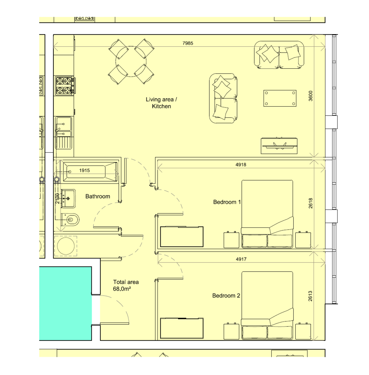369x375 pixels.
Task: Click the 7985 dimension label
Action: (x=187, y=43)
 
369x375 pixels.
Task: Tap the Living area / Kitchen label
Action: (x=161, y=103)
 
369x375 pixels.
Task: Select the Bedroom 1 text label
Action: (x=227, y=202)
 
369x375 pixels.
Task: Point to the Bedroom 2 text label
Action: (x=226, y=295)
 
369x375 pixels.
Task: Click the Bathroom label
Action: (x=98, y=196)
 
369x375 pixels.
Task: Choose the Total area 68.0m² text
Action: (x=126, y=285)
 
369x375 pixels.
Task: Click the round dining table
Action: (x=131, y=62)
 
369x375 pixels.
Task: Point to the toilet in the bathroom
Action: (x=70, y=220)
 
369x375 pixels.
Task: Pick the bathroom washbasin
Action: (x=68, y=198)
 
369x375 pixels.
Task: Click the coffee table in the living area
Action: (x=280, y=98)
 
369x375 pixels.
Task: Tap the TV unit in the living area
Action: (x=279, y=146)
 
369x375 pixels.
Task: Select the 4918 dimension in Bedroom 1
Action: (x=240, y=164)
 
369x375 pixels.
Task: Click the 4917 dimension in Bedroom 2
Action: (x=241, y=259)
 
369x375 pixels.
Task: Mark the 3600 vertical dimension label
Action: (x=310, y=96)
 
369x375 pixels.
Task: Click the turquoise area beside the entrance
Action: (x=65, y=303)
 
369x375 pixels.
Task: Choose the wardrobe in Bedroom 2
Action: (x=182, y=328)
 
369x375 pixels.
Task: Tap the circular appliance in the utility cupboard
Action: (x=66, y=246)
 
